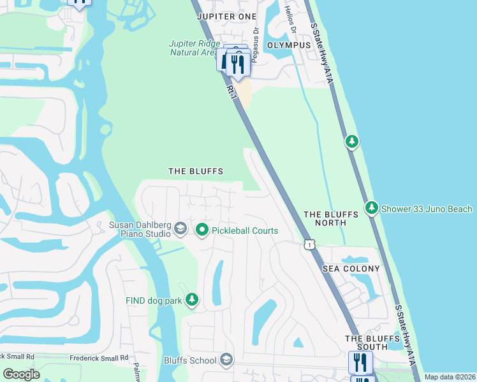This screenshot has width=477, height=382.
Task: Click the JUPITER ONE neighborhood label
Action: [226, 16]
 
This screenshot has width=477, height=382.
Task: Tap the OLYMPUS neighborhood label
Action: [289, 46]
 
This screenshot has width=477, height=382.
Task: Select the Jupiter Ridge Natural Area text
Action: [194, 48]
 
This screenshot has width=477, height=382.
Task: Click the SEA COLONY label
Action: [351, 269]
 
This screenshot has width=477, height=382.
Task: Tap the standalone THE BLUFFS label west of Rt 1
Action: [195, 171]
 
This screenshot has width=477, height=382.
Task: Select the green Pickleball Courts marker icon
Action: [202, 230]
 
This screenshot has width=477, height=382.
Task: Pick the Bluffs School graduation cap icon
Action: [226, 361]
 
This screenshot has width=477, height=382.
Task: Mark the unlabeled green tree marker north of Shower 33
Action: [351, 141]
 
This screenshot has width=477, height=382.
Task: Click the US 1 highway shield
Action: [309, 244]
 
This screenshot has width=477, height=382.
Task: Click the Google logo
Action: [21, 374]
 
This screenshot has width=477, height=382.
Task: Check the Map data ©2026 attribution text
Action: [449, 377]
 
